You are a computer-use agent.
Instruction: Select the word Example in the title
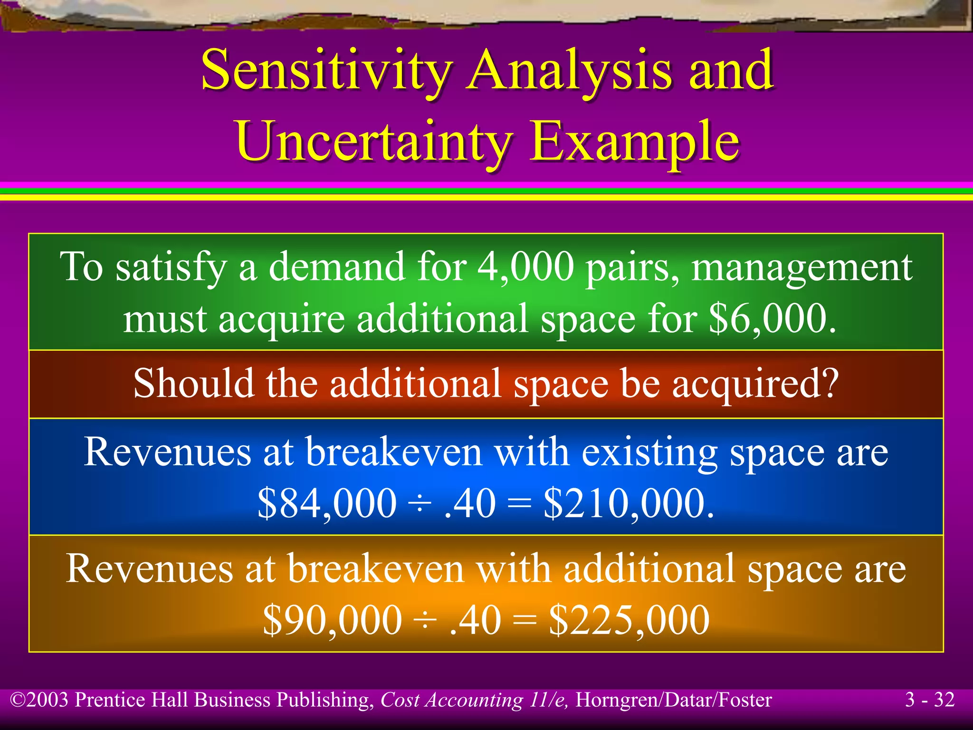point(634,141)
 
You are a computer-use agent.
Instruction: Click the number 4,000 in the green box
point(526,267)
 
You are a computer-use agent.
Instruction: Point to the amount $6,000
point(772,319)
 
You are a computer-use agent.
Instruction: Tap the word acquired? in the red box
point(755,384)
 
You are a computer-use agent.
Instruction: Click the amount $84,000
point(327,503)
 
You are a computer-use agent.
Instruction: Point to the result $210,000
point(629,503)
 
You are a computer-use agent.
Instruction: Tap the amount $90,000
point(332,620)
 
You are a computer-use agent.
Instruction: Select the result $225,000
point(629,620)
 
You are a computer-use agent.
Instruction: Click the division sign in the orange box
point(426,620)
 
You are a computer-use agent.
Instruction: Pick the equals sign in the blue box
point(519,503)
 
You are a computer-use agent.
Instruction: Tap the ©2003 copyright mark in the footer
point(40,700)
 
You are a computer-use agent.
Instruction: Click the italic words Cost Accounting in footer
point(451,700)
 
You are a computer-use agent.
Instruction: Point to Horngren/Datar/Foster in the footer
point(673,700)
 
